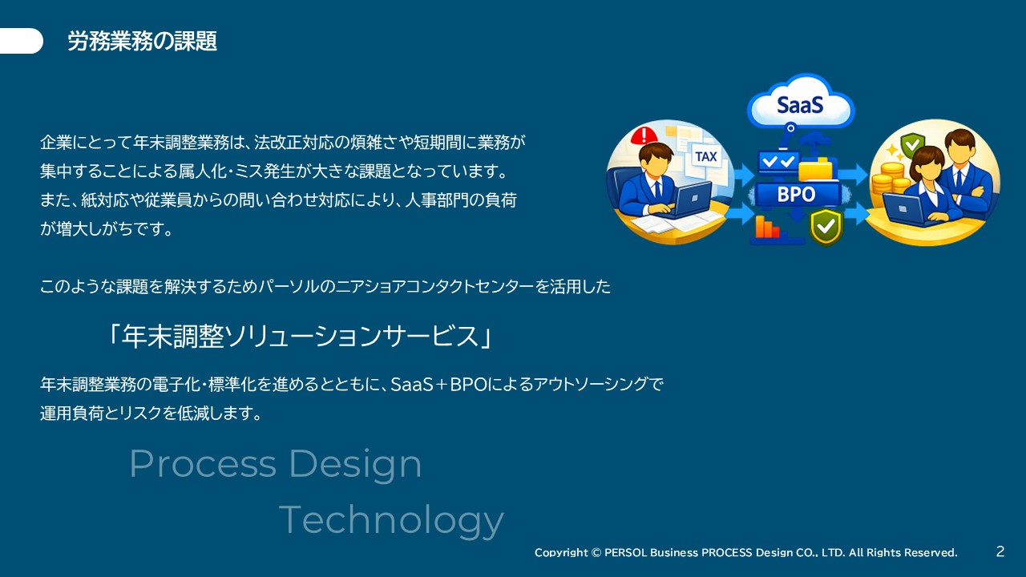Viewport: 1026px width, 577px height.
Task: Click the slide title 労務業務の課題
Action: click(143, 41)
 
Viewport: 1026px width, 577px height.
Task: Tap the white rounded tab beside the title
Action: click(21, 41)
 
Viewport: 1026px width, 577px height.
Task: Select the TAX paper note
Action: click(705, 157)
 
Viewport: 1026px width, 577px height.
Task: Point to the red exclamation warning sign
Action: click(644, 135)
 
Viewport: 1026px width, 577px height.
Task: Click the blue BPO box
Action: click(797, 195)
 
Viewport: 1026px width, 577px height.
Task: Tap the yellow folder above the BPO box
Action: click(816, 168)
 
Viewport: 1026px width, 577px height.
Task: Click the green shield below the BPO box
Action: click(826, 227)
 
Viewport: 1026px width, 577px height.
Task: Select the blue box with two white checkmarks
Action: click(778, 162)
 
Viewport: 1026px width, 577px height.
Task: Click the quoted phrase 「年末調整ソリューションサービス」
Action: click(300, 336)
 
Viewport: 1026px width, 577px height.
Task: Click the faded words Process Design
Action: click(275, 464)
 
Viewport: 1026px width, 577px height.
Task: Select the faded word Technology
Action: click(392, 520)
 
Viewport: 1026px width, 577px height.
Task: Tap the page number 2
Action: click(1000, 551)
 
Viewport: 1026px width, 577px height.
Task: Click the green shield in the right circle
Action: click(911, 146)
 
